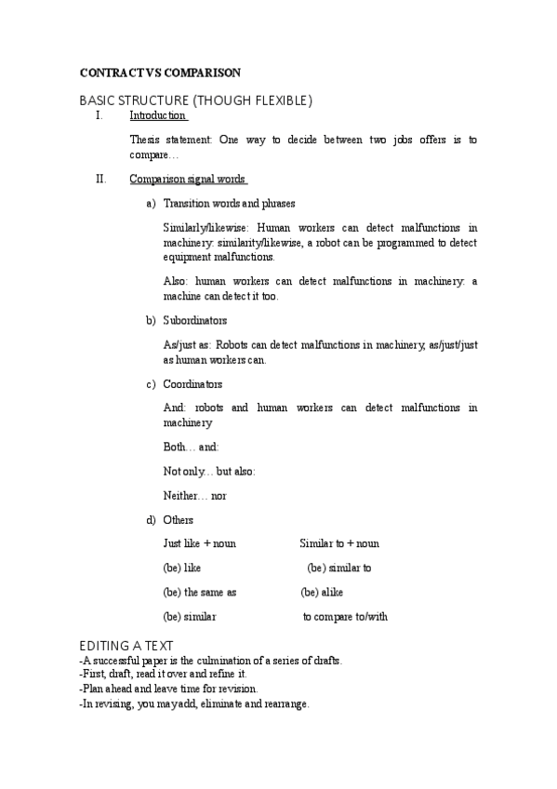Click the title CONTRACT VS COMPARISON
click(160, 72)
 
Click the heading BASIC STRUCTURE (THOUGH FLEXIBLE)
click(195, 100)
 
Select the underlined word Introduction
click(158, 116)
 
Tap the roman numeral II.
click(101, 179)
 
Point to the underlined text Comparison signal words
click(188, 179)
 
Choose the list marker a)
click(151, 203)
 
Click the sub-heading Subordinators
click(194, 320)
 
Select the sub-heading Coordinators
click(192, 383)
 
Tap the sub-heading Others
click(178, 519)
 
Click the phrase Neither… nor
click(194, 496)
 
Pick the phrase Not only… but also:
click(208, 472)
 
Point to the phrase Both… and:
click(191, 447)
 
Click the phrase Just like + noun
click(199, 543)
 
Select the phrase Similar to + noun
click(338, 543)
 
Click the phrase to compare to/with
click(345, 616)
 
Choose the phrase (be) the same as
click(199, 592)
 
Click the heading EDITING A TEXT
click(126, 645)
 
